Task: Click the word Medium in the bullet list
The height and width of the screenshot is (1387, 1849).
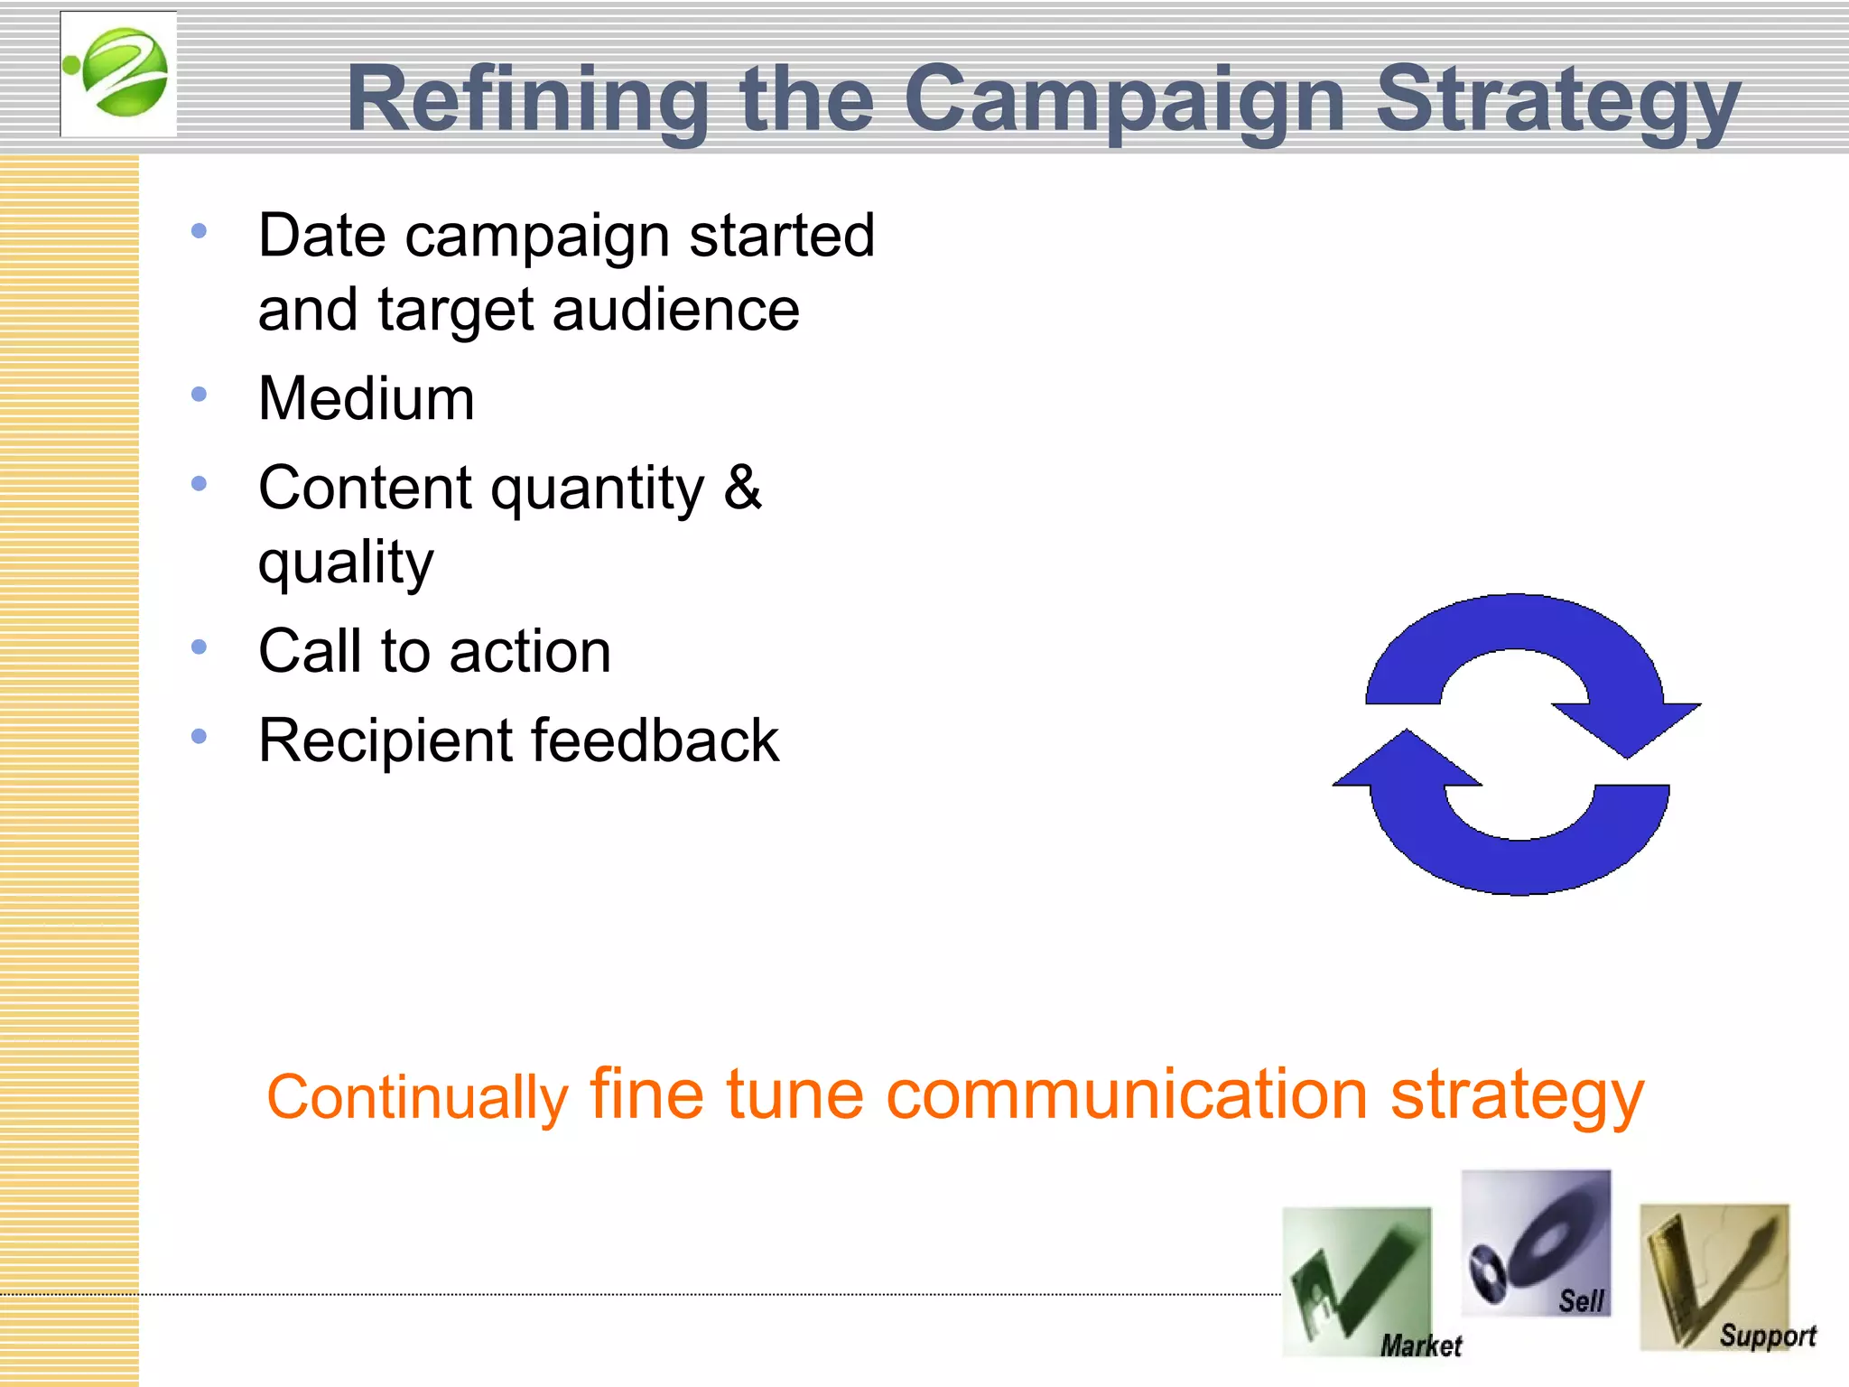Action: (x=366, y=398)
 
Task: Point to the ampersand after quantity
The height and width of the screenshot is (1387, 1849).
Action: (x=742, y=488)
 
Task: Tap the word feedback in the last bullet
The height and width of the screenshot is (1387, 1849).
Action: (x=654, y=740)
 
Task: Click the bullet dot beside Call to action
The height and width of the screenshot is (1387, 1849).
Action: (x=200, y=647)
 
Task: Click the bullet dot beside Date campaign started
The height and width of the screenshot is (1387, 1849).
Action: (x=200, y=231)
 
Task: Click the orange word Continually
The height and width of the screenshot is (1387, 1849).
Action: (x=416, y=1098)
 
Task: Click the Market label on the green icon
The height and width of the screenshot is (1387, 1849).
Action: (x=1420, y=1345)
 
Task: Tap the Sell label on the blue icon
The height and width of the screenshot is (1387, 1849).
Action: (x=1580, y=1300)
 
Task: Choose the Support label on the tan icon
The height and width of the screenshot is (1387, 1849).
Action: (x=1767, y=1336)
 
